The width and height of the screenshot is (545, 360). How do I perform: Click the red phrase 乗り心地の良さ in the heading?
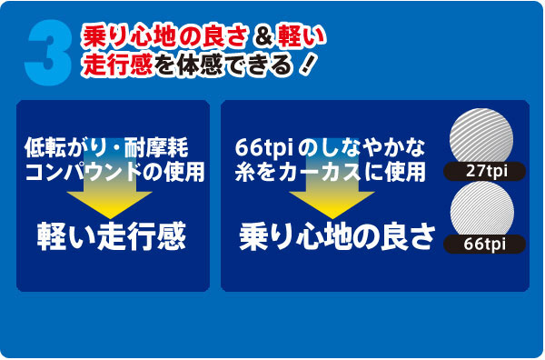click(163, 37)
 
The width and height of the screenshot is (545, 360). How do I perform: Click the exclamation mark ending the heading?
click(311, 66)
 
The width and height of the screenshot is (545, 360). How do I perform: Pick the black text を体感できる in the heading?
click(222, 66)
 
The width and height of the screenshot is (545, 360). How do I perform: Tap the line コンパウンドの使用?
click(113, 169)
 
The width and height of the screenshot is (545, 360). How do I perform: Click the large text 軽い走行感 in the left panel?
click(112, 235)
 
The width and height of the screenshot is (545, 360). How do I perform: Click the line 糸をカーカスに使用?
click(329, 169)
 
